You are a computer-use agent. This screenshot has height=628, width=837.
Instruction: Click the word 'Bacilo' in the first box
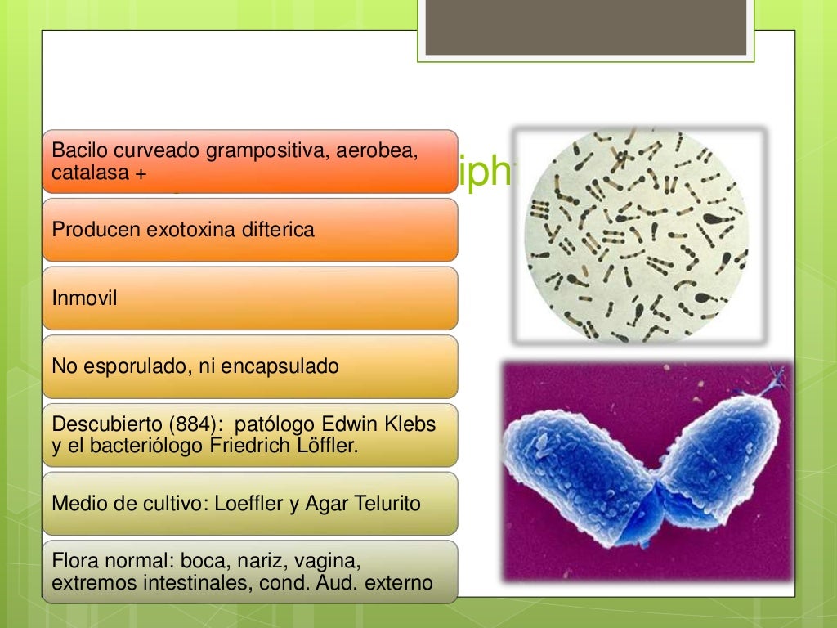pos(79,150)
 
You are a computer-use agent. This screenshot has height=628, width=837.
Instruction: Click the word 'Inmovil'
pos(84,298)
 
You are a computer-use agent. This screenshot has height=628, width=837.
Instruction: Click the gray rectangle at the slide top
pos(585,27)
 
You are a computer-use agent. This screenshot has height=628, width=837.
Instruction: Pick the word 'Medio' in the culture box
pos(76,504)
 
